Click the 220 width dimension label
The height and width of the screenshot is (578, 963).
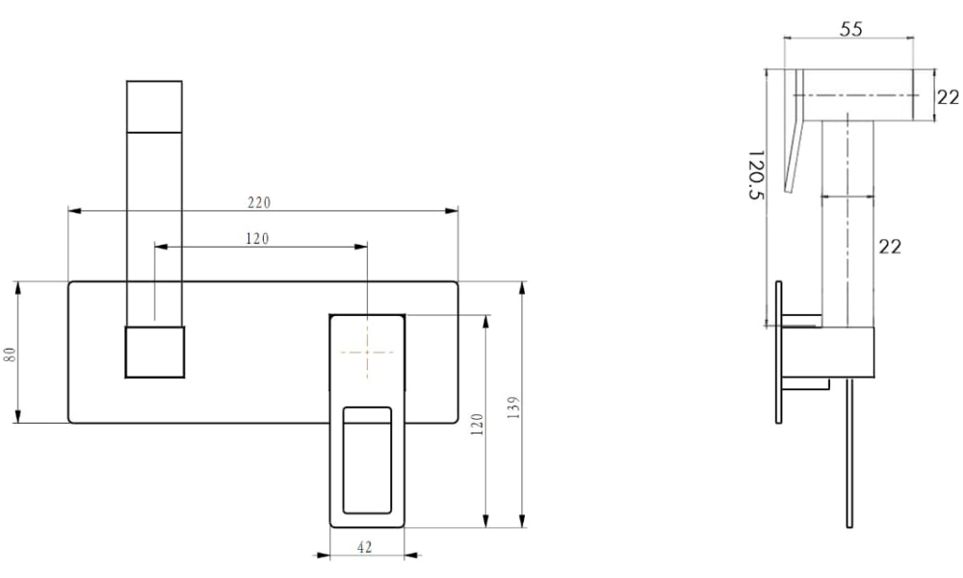(x=259, y=202)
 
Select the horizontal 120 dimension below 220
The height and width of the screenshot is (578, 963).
(x=257, y=238)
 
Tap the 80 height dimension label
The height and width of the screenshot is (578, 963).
(x=10, y=355)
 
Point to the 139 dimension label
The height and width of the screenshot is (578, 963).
(x=514, y=407)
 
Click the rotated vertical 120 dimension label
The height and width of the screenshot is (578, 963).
(x=478, y=425)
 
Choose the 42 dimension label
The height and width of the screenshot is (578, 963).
(x=365, y=546)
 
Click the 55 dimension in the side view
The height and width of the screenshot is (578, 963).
(x=851, y=29)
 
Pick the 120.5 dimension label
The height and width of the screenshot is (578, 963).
(x=755, y=174)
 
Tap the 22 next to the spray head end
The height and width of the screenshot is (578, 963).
(x=948, y=97)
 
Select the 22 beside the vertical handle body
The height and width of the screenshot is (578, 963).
(x=890, y=247)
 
